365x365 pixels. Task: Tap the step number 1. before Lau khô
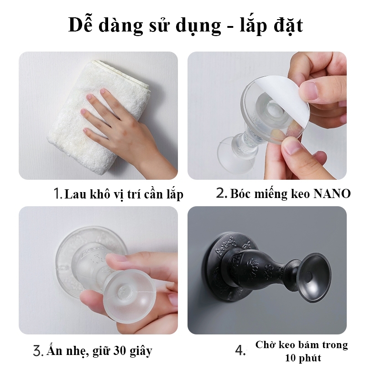[58, 193]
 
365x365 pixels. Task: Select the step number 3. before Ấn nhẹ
[38, 351]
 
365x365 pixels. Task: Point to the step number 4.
[240, 350]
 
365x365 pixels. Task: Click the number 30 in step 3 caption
[120, 350]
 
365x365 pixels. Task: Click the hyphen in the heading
[230, 27]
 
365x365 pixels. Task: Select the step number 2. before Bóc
[221, 193]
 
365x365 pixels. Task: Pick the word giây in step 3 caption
[141, 351]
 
